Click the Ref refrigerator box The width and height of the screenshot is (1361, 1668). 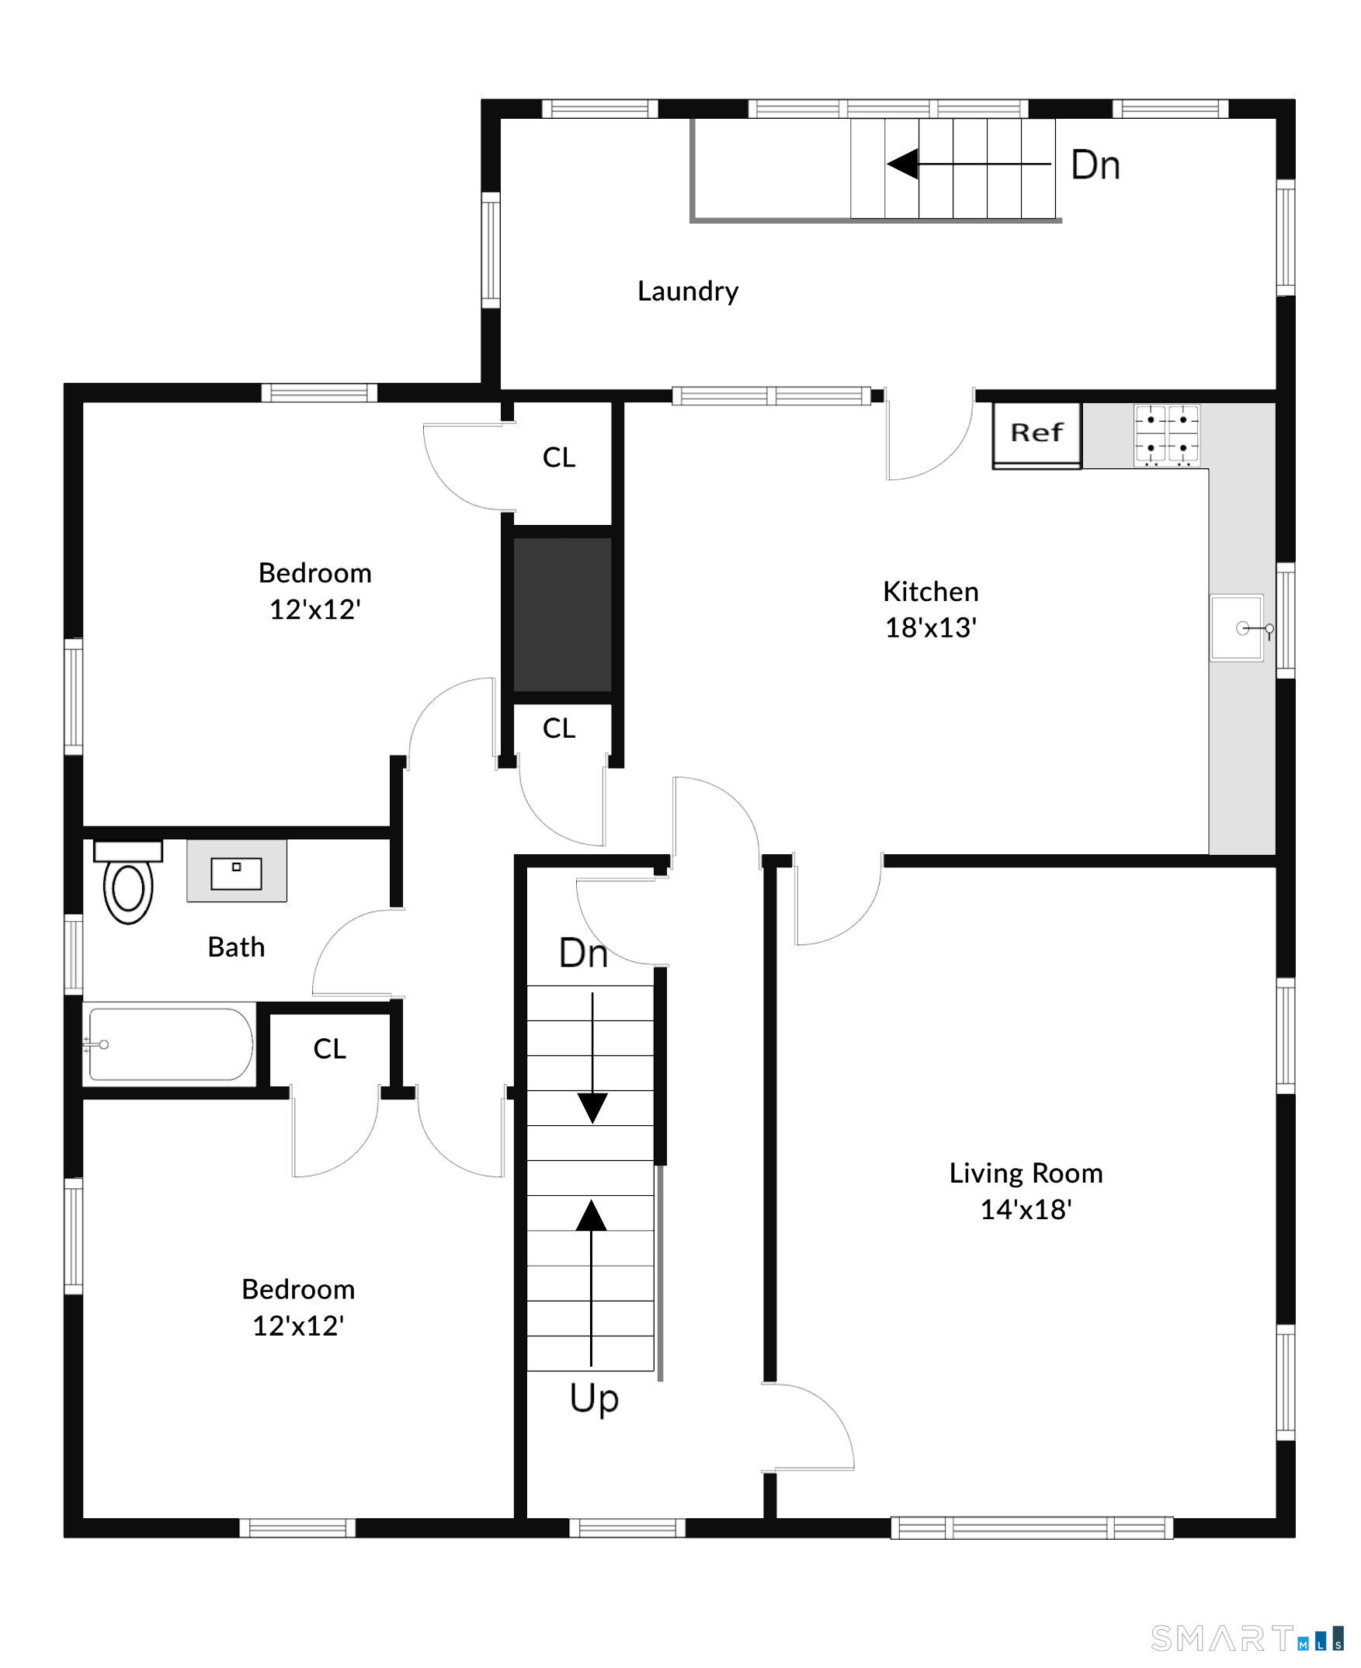point(1036,435)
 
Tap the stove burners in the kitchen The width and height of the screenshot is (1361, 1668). point(1167,435)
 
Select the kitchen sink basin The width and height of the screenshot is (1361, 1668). point(1236,628)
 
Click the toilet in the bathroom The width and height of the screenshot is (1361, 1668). point(129,882)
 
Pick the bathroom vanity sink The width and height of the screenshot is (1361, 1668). point(237,871)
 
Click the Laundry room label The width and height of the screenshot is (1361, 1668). point(688,292)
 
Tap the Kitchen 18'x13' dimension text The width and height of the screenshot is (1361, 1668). point(931,628)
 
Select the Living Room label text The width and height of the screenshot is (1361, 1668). point(1026,1173)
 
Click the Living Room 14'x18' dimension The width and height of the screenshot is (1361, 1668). point(1026,1209)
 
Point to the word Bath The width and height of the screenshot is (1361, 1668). point(236,947)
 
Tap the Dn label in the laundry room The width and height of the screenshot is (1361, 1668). point(1095,165)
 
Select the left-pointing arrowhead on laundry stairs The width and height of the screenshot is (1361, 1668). point(902,164)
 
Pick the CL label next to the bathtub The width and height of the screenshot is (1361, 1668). point(329,1049)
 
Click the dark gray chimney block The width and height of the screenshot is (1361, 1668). point(562,614)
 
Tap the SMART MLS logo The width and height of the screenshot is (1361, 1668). point(1247,1639)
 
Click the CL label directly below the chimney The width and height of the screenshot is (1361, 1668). point(559,728)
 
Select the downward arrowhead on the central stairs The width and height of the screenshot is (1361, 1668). point(592,1108)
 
